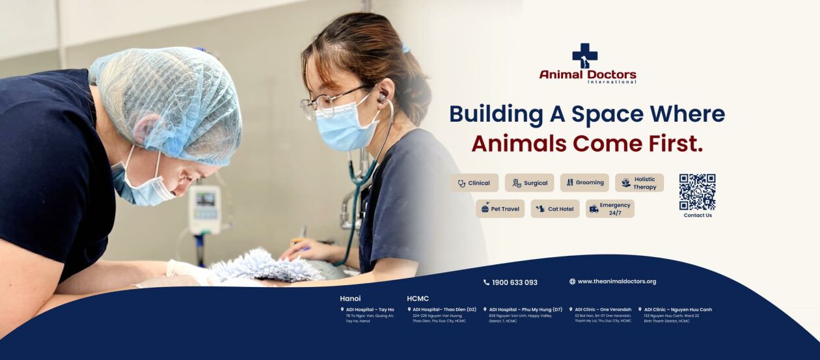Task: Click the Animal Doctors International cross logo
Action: click(584, 55)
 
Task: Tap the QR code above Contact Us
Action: click(697, 191)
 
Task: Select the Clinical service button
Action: click(474, 183)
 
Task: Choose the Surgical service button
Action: click(529, 183)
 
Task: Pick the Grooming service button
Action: click(584, 182)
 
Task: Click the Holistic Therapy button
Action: click(639, 183)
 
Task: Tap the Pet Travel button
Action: click(500, 209)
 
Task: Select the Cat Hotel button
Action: click(555, 209)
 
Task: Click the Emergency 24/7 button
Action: click(610, 209)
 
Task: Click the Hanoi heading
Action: click(350, 298)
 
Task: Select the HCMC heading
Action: click(418, 298)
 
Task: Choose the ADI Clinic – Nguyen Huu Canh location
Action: click(677, 309)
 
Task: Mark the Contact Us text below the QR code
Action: click(698, 215)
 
